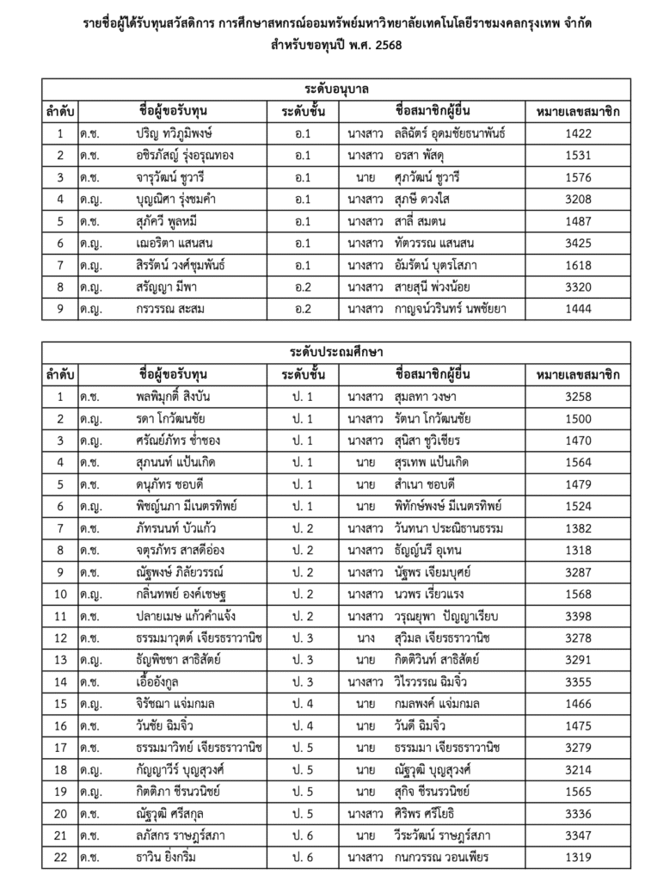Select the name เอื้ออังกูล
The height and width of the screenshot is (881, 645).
pyautogui.click(x=160, y=681)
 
